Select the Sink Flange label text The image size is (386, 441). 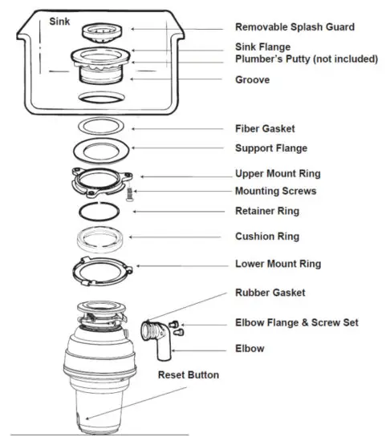262,47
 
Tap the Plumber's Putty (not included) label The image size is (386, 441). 306,59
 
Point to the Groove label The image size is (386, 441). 252,79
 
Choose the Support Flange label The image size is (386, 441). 270,148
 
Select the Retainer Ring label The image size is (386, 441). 266,211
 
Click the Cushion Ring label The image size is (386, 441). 266,237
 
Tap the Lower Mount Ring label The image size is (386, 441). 278,263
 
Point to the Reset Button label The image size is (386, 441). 188,374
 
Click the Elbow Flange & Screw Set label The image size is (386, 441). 296,322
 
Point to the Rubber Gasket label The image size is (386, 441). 270,293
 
